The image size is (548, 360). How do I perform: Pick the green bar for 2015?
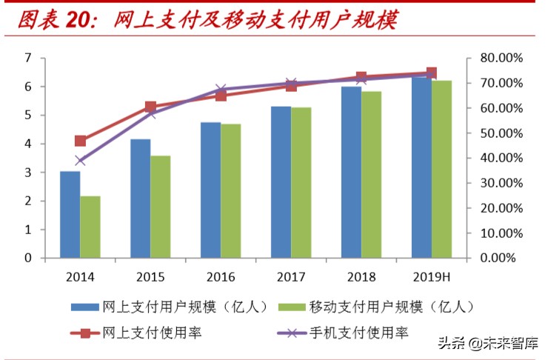[161, 207]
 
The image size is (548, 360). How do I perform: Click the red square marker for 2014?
[81, 141]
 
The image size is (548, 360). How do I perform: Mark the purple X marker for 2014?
[81, 161]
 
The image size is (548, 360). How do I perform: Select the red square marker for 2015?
[151, 107]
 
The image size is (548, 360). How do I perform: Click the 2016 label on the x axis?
[221, 277]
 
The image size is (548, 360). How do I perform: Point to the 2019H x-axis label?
[431, 277]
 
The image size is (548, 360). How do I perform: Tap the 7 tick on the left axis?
[28, 58]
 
